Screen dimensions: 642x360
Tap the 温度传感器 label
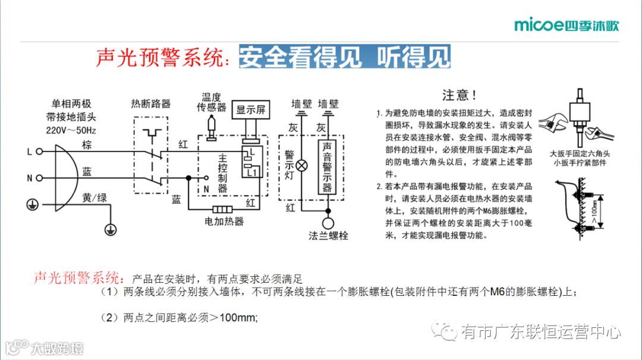212,102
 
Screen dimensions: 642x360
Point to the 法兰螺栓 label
328,236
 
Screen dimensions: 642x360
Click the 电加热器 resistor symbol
222,209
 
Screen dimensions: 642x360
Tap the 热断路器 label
150,104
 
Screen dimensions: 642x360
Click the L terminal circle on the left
40,151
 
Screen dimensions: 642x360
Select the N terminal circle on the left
40,178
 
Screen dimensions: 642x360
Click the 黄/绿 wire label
95,198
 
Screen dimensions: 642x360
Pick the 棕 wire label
87,146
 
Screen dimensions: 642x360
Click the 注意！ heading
460,95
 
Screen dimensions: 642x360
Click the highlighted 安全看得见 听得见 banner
345,57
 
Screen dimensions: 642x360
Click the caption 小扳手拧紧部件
578,163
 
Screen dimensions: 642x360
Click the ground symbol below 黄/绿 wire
108,228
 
